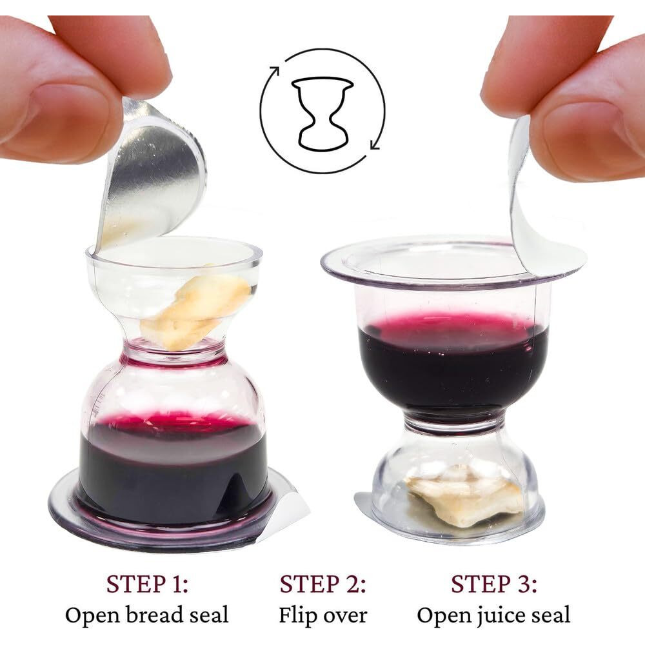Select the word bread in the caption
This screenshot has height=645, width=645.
click(x=150, y=615)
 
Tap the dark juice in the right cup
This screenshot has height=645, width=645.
click(x=451, y=368)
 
